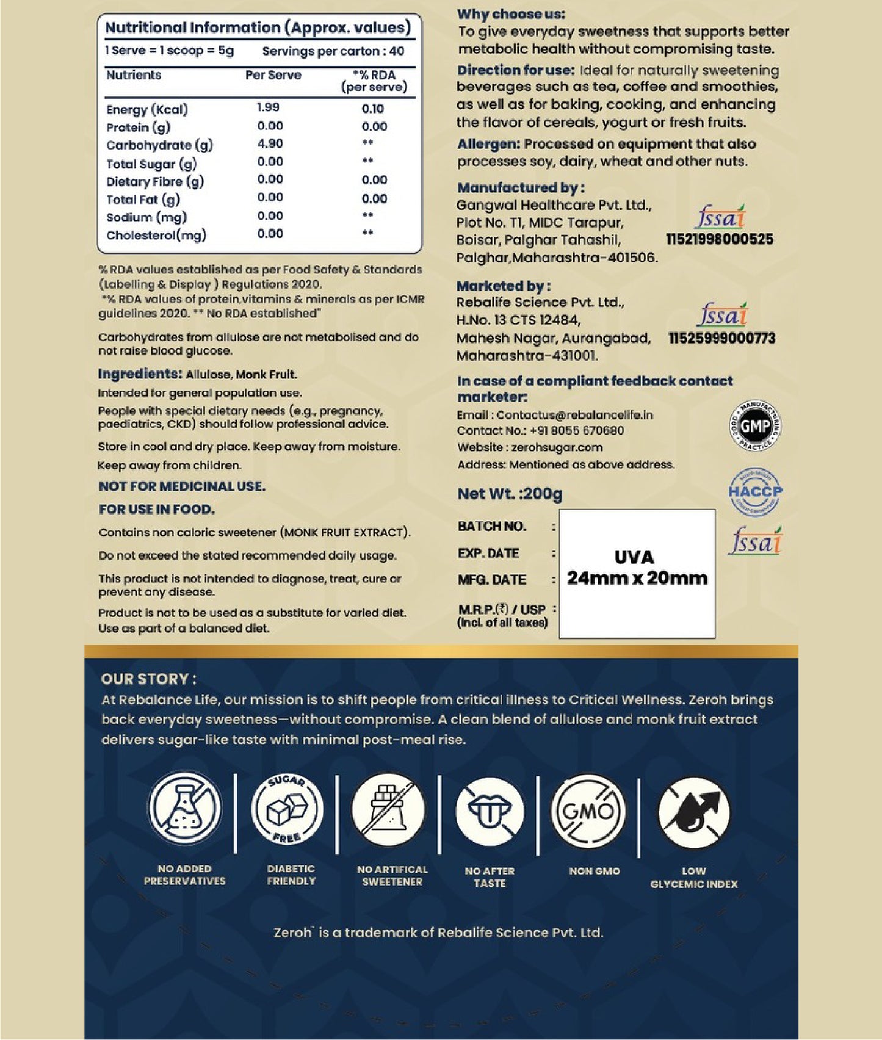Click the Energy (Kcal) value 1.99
[268, 107]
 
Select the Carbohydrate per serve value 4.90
[270, 143]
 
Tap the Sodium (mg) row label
[146, 217]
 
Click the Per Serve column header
[273, 75]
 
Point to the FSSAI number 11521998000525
[719, 239]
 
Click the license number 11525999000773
[721, 338]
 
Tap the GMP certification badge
[755, 425]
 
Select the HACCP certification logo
[755, 492]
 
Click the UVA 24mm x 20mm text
[637, 568]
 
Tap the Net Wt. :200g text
[510, 494]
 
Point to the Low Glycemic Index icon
[694, 812]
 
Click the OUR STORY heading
[149, 679]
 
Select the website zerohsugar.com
[557, 447]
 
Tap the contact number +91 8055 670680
[576, 430]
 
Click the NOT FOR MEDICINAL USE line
[182, 486]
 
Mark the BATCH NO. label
[491, 526]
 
